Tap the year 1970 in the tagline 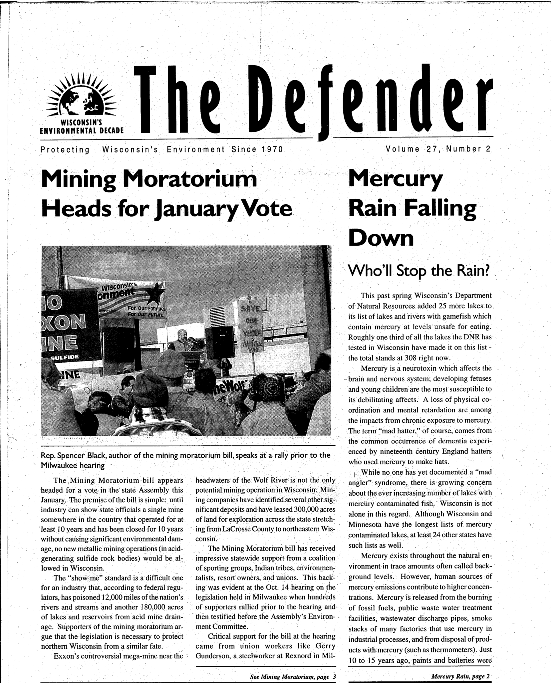(x=272, y=149)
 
